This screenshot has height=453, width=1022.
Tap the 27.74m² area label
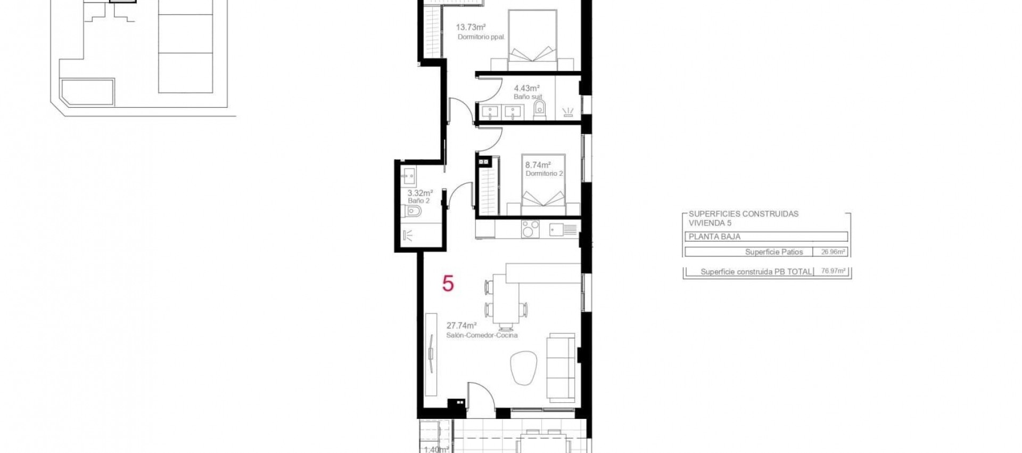tap(461, 325)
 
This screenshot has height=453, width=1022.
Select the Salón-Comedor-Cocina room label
tap(482, 335)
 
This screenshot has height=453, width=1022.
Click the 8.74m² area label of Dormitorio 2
tap(538, 165)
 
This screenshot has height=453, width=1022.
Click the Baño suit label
tap(528, 97)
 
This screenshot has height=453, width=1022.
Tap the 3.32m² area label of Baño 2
tap(420, 193)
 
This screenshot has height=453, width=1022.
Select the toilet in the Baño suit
tap(540, 109)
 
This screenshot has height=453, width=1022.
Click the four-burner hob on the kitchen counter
tap(530, 229)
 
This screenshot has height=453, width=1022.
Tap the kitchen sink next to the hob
tap(563, 230)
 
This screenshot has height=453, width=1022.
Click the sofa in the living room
tap(562, 368)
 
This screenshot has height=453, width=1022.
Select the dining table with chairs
tap(506, 301)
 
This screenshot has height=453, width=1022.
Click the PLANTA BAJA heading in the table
tap(714, 237)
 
